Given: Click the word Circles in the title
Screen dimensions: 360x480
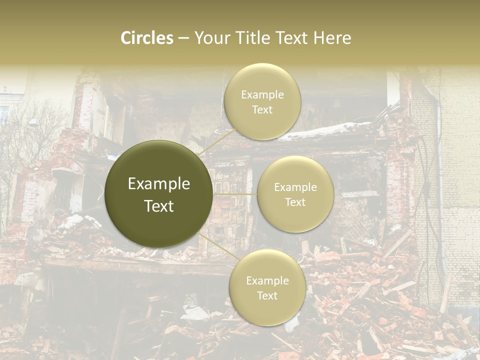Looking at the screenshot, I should [x=146, y=38].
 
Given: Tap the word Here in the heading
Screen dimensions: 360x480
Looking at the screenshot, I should [x=331, y=38].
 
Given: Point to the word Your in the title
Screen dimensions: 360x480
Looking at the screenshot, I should [x=212, y=38].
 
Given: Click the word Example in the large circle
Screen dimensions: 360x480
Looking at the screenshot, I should [x=159, y=184].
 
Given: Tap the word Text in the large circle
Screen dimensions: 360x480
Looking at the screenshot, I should [x=159, y=206].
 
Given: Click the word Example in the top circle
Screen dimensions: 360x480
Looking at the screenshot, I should [x=262, y=95].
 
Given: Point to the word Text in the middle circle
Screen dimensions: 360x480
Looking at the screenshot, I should [x=295, y=202].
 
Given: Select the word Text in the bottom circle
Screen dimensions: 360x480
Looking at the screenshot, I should [x=267, y=295].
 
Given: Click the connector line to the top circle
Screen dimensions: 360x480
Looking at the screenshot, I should [x=216, y=141].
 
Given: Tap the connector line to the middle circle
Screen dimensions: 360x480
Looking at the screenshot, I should [x=234, y=193].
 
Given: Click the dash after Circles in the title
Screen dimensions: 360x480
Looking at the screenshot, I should [x=183, y=38].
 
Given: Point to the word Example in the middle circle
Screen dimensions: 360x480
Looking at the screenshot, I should [x=295, y=187].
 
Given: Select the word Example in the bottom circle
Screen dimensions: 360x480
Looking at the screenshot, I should [x=267, y=281].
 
